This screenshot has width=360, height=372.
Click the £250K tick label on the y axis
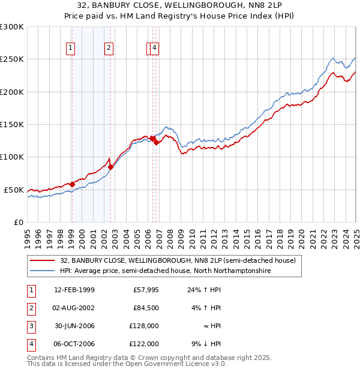tap(12, 59)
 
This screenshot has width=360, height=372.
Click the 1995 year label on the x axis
tap(28, 233)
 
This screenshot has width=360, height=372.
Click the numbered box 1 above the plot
tap(71, 49)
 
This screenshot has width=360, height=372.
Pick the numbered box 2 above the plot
tap(109, 49)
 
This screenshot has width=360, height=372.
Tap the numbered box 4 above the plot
tap(155, 49)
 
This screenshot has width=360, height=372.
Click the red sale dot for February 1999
tap(72, 184)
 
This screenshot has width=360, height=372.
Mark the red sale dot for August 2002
tap(110, 167)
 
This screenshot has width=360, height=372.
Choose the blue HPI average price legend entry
tap(165, 271)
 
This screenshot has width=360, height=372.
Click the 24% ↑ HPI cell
tap(204, 290)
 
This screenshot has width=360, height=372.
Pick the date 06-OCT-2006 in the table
tap(74, 344)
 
